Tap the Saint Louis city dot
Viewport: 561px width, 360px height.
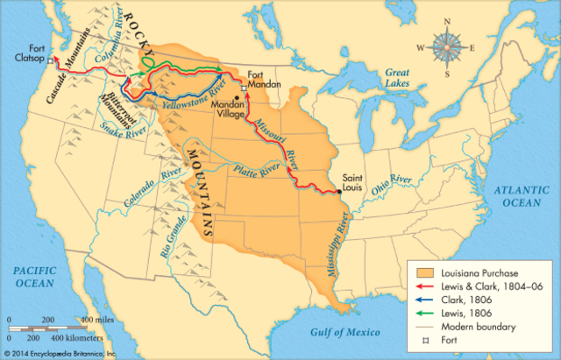tap(338, 192)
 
